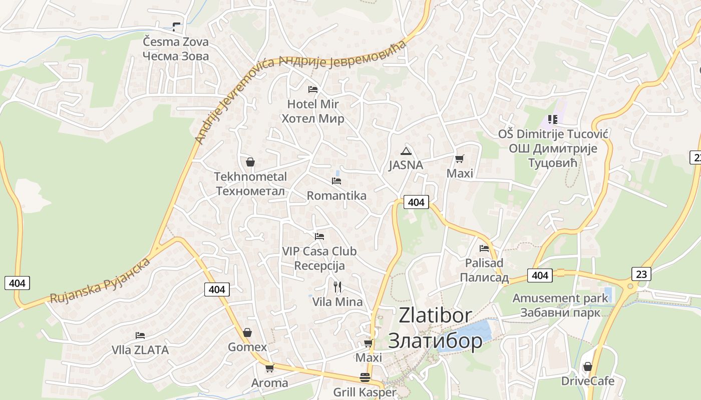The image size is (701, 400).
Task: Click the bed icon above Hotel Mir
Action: [313, 89]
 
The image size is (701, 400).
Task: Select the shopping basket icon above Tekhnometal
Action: [250, 162]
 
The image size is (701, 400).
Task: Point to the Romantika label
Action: [336, 195]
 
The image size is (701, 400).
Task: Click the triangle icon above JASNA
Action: [406, 151]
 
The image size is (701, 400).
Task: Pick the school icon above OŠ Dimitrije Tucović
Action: [553, 119]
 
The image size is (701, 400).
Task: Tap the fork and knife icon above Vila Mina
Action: [337, 287]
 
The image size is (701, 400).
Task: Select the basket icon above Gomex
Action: [247, 332]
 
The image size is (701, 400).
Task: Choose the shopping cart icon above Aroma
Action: [269, 368]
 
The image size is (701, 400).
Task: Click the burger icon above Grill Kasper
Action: [365, 377]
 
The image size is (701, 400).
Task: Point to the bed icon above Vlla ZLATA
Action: [140, 335]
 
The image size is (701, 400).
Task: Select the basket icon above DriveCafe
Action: [588, 366]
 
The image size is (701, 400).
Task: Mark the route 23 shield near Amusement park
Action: [642, 273]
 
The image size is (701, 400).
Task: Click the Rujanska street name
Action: [100, 281]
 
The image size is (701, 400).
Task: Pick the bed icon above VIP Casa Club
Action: [319, 236]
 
